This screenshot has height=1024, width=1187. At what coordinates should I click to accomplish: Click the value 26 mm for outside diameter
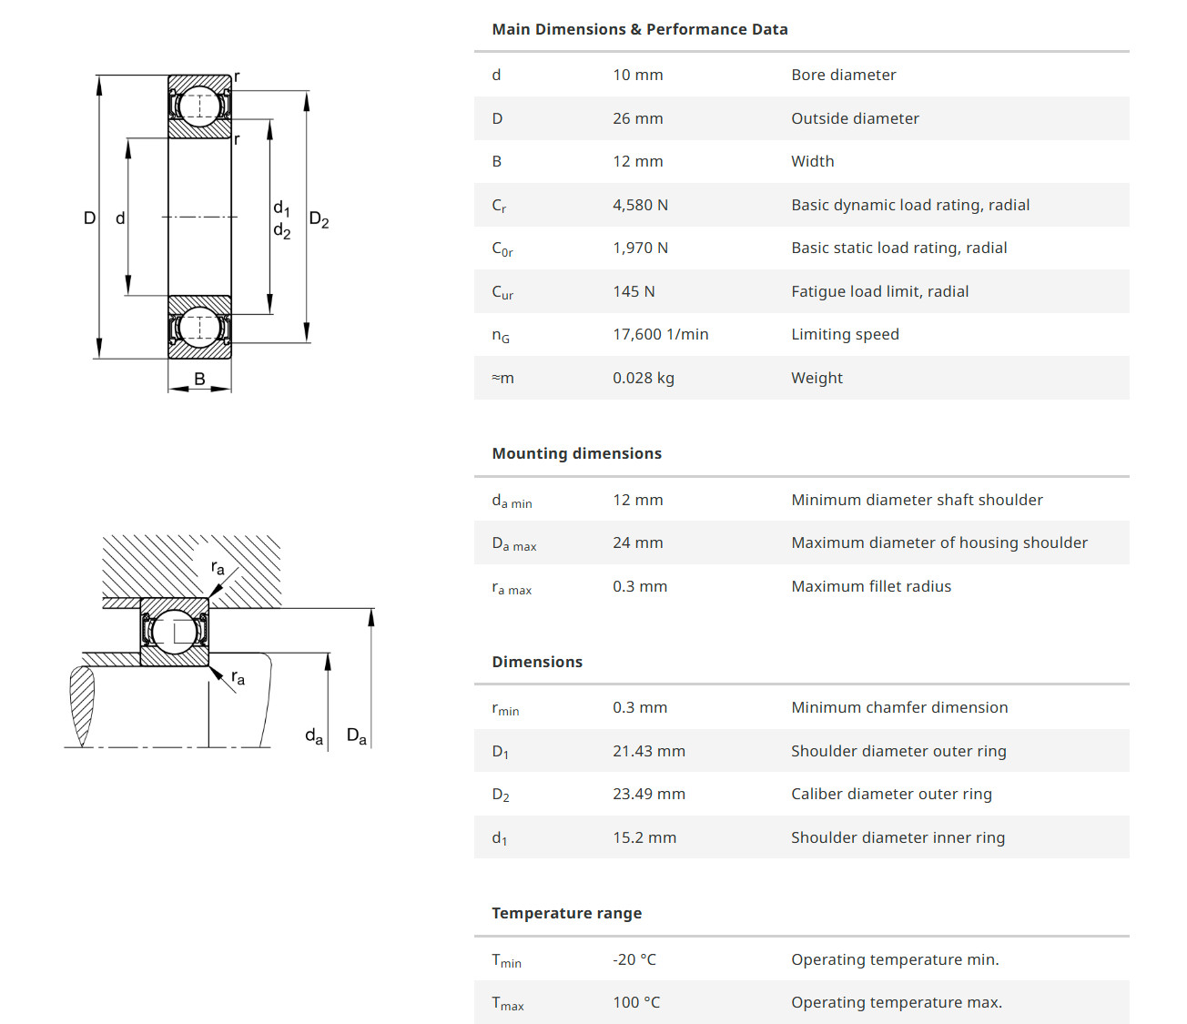click(637, 118)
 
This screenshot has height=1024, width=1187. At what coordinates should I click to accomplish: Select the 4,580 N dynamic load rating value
click(640, 205)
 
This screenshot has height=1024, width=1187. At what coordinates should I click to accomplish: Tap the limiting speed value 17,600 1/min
click(660, 334)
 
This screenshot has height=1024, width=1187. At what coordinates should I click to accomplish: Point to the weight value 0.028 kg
click(643, 378)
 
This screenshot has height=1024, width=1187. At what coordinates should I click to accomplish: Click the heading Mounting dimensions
click(576, 453)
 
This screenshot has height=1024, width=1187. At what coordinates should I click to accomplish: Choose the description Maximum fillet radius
click(870, 586)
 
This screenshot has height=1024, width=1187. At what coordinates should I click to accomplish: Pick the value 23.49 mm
click(648, 794)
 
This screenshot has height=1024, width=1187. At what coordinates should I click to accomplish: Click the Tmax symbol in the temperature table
click(507, 1003)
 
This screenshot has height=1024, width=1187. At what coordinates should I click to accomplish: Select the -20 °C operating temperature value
click(634, 959)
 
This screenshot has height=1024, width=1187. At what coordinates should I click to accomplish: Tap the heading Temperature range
click(566, 913)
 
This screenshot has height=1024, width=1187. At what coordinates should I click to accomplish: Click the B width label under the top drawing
click(199, 379)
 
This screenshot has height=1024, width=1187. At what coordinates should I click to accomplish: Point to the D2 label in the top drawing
click(319, 219)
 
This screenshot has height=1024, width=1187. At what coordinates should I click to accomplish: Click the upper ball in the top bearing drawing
click(199, 106)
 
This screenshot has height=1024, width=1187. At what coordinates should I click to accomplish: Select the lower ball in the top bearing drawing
click(199, 327)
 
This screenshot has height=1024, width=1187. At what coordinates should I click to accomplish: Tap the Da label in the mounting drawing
click(356, 735)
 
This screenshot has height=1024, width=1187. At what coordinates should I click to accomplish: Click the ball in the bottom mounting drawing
click(174, 632)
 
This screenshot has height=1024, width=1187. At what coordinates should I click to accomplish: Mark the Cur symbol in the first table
click(502, 292)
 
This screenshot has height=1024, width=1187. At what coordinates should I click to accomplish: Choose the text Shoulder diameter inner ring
click(898, 837)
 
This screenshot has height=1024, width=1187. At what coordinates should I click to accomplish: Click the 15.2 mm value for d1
click(644, 837)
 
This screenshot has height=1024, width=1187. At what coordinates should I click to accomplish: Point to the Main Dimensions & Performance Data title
click(639, 29)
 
